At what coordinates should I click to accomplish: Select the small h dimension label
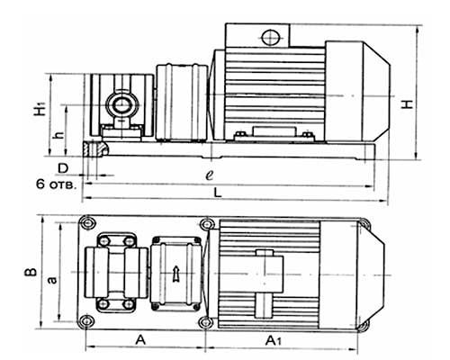pos(60,135)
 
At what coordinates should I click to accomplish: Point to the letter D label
pos(63,168)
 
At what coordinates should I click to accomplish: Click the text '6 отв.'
pos(57,184)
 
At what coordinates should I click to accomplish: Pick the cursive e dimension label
pos(210,175)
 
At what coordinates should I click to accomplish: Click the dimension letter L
pos(218,193)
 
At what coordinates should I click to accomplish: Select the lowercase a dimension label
pos(52,280)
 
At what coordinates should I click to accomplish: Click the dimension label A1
pos(274,341)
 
